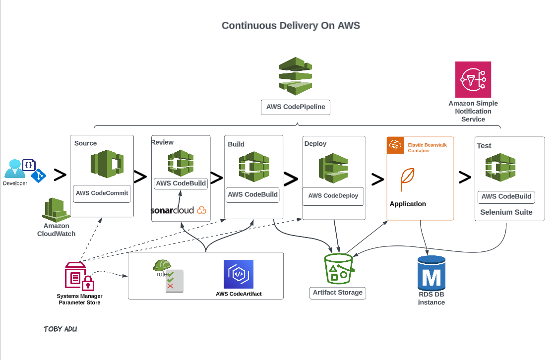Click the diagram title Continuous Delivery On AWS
(x=291, y=26)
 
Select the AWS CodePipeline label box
(x=296, y=107)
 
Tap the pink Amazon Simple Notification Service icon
(x=473, y=79)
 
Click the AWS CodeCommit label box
(x=102, y=193)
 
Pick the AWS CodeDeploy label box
(x=333, y=196)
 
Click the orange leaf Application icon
(x=408, y=180)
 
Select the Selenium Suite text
(x=506, y=212)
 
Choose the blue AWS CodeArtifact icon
(x=238, y=274)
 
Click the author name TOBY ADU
(x=60, y=329)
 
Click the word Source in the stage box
(x=85, y=143)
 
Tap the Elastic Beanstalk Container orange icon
(x=395, y=145)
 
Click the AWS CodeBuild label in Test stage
(x=506, y=197)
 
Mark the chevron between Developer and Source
(x=60, y=175)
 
